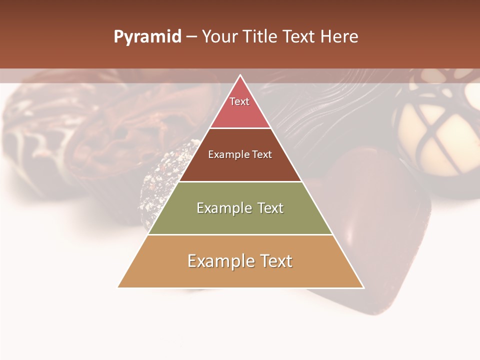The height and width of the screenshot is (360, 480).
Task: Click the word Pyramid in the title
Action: click(147, 37)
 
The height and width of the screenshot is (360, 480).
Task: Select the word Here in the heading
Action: click(339, 37)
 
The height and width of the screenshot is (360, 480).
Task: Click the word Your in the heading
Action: click(219, 37)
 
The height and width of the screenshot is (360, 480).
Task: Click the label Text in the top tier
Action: click(239, 101)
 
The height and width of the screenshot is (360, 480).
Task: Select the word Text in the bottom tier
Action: click(275, 261)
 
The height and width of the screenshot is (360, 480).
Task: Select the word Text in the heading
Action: click(299, 37)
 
